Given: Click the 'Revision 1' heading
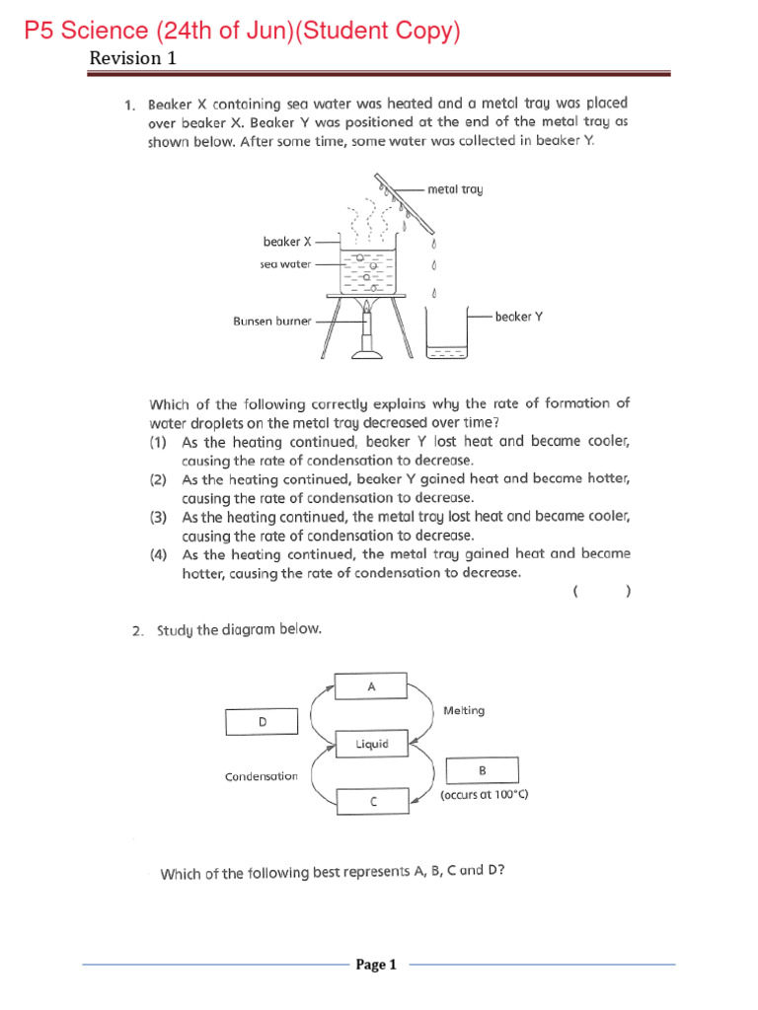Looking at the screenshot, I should (132, 58).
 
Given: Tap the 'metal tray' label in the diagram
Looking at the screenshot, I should (455, 187).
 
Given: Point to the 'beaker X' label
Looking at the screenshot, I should (287, 241).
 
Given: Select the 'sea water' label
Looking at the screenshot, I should (285, 264).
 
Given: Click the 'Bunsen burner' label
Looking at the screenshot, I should (272, 321).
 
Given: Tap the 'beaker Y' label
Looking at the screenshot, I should (519, 317).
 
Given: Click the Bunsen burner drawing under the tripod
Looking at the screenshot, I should (367, 335).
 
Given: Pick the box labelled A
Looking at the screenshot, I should (371, 685).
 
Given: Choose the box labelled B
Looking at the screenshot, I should (482, 770).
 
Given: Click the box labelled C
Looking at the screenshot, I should (372, 802).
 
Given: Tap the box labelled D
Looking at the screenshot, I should (262, 722).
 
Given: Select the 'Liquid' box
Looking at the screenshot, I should (372, 744).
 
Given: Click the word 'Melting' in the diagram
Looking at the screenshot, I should (464, 710).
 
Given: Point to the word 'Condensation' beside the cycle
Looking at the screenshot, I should (261, 776).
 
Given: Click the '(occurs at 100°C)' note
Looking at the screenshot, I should (484, 793).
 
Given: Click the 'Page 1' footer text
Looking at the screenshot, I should (376, 965).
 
